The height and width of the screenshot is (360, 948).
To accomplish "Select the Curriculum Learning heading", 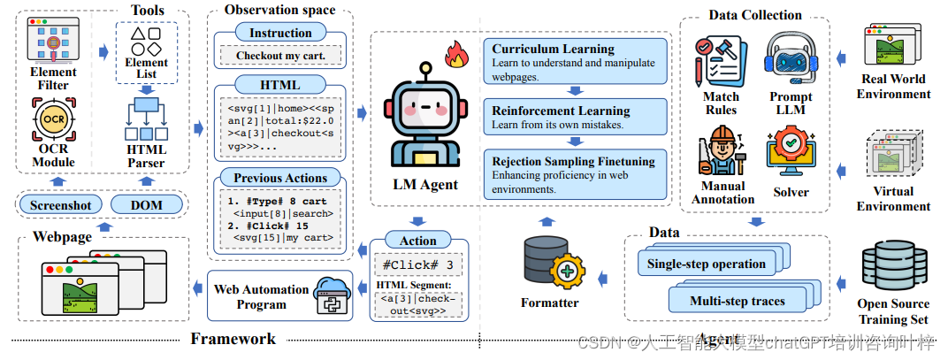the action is pos(553,49).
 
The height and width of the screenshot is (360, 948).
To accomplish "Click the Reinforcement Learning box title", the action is pos(561,111).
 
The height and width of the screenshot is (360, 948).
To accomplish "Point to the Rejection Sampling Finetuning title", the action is pos(573,162).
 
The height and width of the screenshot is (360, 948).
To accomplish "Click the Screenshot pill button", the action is pos(59,204).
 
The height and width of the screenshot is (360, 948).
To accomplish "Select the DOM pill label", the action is pos(148,204).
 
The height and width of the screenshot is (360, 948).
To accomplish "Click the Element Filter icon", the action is pos(53,40).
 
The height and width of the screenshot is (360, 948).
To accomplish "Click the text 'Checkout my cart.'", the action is pos(279,56).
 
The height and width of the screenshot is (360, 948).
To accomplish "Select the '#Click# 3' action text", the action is pos(418,264).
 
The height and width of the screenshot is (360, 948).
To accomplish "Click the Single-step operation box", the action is pos(707,264).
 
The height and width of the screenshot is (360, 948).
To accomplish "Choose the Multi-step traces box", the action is pos(737,301).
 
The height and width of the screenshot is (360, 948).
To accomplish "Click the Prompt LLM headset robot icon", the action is pos(790,57).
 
